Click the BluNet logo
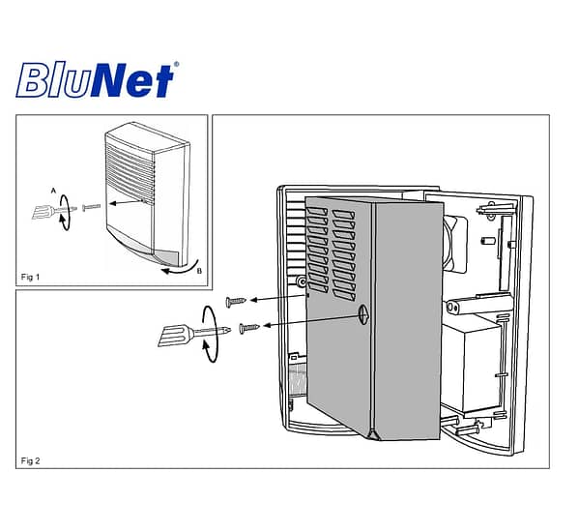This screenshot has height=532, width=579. click(97, 79)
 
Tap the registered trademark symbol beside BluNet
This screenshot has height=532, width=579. click(176, 64)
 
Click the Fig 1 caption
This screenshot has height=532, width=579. click(30, 277)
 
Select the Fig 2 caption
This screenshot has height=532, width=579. click(30, 460)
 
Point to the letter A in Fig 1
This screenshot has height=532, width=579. click(53, 191)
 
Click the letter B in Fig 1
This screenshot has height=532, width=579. click(199, 271)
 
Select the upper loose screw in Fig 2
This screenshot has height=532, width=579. click(236, 302)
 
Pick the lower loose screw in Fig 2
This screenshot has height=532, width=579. click(249, 328)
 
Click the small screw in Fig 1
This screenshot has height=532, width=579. click(91, 207)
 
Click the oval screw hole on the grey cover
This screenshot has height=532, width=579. click(363, 315)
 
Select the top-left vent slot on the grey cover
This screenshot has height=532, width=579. click(317, 211)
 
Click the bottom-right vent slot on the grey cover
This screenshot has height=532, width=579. click(344, 294)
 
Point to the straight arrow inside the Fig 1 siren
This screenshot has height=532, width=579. click(127, 202)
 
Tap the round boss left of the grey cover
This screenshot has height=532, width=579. click(302, 282)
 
